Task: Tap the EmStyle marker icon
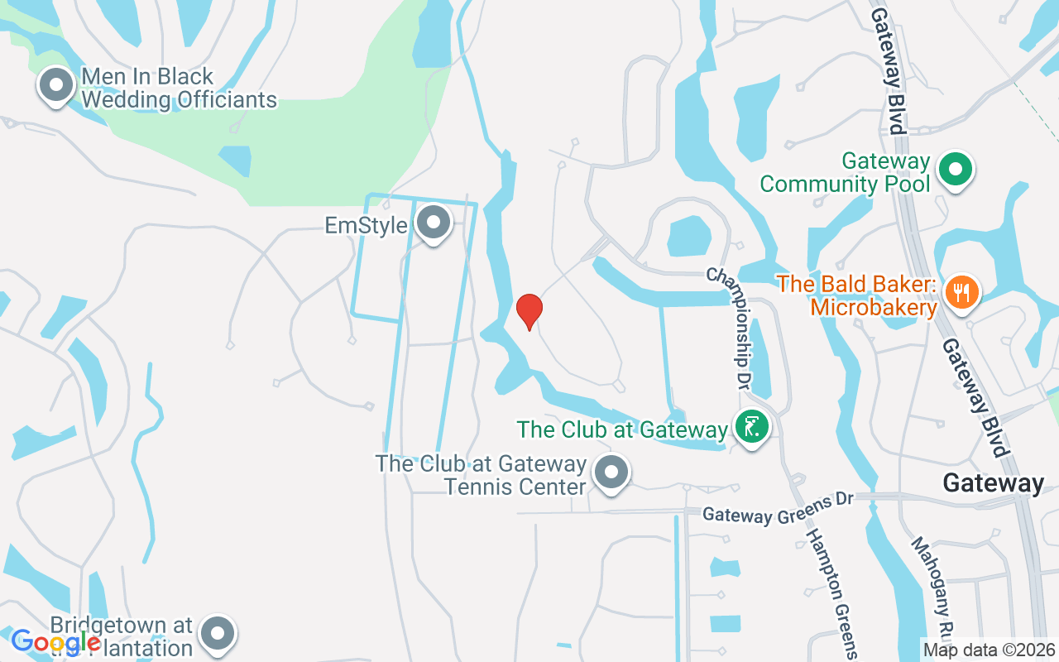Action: (x=432, y=223)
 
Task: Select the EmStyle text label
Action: (x=367, y=226)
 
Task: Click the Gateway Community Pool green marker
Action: (x=956, y=170)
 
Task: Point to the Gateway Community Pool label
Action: (x=845, y=172)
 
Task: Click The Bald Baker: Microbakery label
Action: (x=857, y=295)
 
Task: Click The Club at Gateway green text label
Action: (x=621, y=429)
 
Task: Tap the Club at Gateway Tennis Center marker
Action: (x=611, y=474)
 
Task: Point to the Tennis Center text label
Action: (x=482, y=475)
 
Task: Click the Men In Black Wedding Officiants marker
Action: (x=57, y=85)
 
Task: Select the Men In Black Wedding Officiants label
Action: (x=179, y=89)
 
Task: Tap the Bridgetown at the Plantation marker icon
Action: (x=218, y=634)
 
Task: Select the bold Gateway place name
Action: (x=994, y=483)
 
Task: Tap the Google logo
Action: (x=55, y=641)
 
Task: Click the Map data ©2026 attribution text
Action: (x=989, y=650)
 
